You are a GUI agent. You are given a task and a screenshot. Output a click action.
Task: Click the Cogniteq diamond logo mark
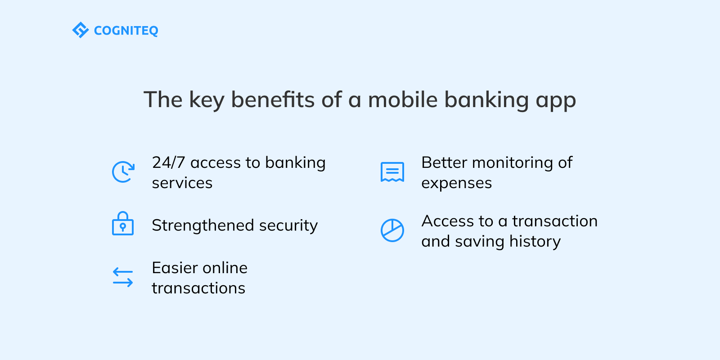click(81, 30)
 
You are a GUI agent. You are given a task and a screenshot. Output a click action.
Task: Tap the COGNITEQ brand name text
click(126, 31)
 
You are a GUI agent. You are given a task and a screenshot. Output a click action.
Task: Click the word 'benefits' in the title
click(273, 99)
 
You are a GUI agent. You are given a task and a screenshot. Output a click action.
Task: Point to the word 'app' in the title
click(556, 101)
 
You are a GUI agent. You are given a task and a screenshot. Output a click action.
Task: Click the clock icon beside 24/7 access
click(123, 172)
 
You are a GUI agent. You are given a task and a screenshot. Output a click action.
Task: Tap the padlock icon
click(123, 224)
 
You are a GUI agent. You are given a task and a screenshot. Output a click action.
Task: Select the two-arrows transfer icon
click(123, 277)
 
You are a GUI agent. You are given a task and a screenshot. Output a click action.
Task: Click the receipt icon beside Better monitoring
click(392, 172)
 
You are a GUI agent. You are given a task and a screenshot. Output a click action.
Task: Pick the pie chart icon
click(392, 230)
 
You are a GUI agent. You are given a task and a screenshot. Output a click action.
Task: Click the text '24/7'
click(168, 162)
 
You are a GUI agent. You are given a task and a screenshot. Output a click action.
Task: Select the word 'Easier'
click(174, 268)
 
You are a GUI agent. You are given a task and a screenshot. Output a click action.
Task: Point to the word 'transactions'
click(198, 288)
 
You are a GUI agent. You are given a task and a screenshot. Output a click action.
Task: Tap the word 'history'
click(535, 242)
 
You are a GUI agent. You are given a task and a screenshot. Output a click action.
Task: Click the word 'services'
click(182, 183)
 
